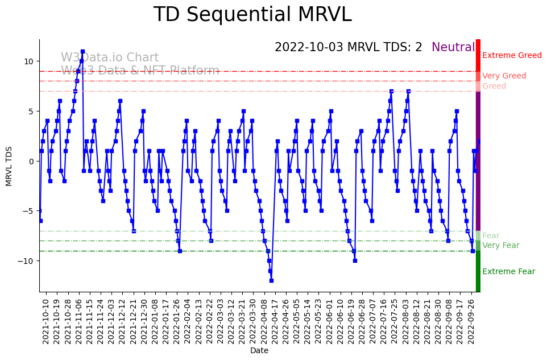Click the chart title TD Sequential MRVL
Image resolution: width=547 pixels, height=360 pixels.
252,15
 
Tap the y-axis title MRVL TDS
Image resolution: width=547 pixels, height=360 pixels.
9,165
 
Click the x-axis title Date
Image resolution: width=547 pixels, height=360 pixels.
259,351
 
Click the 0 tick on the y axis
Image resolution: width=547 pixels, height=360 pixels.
31,161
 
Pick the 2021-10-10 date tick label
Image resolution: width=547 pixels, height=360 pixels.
46,321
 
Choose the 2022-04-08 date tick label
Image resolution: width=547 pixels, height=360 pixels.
263,321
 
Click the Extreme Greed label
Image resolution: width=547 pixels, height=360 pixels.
512,56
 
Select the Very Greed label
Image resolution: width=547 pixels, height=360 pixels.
504,76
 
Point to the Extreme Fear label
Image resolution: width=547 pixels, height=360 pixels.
508,272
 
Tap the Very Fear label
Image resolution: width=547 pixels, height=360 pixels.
500,246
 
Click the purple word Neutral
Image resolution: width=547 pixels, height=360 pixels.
453,48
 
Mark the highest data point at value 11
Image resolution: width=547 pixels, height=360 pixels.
82,51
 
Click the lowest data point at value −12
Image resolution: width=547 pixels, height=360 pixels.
271,280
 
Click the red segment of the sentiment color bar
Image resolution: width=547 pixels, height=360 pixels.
478,55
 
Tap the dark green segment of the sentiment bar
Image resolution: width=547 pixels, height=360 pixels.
478,271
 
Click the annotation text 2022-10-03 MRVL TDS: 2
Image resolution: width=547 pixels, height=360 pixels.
348,48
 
